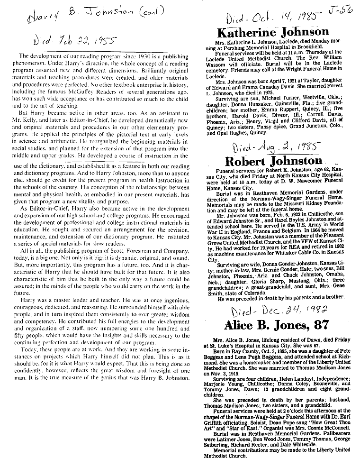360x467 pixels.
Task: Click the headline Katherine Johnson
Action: click(272, 32)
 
